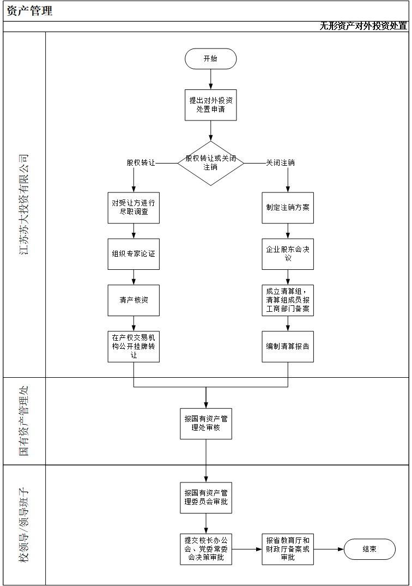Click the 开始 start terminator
click(210, 59)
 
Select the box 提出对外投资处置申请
click(210, 105)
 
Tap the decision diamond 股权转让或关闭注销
click(210, 162)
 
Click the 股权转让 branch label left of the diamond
click(141, 162)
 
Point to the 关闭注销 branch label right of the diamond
click(280, 162)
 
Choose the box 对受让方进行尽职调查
click(134, 207)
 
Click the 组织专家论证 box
click(134, 253)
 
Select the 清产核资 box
click(134, 300)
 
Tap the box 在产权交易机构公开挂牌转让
click(134, 347)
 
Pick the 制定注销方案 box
click(288, 207)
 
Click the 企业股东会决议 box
click(288, 253)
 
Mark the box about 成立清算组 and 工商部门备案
click(288, 300)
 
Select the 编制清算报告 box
click(288, 347)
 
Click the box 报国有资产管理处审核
click(206, 424)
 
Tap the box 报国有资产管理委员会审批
click(206, 497)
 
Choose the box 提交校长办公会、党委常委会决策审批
click(206, 549)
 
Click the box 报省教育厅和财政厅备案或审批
click(288, 549)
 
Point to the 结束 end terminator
click(369, 549)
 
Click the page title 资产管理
click(30, 10)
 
